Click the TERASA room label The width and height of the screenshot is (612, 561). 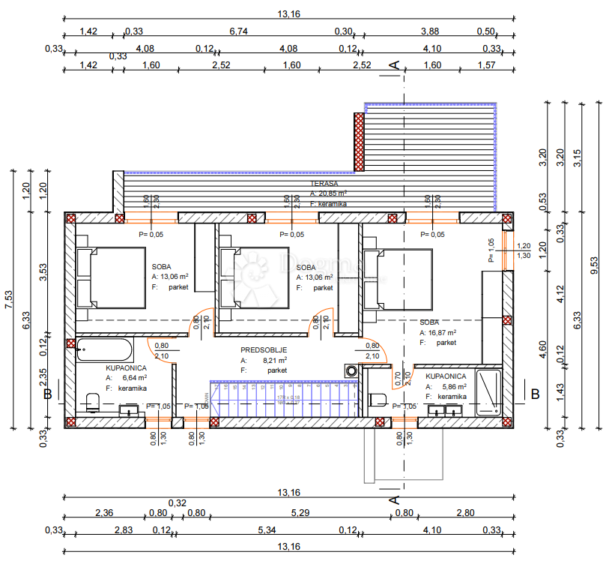tap(324, 183)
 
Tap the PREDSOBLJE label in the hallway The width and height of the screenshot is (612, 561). tap(263, 350)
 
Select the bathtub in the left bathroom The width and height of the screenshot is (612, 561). tap(104, 351)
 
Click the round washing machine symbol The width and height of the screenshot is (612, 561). tap(351, 371)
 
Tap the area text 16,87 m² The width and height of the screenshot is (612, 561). tap(442, 332)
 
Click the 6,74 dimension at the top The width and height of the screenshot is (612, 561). tap(238, 31)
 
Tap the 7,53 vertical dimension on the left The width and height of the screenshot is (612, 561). tap(11, 298)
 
